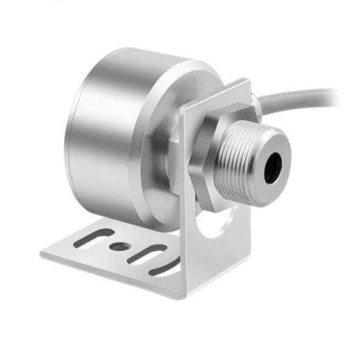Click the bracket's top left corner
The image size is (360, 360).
click(180, 108)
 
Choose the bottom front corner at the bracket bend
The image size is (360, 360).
click(182, 297)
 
